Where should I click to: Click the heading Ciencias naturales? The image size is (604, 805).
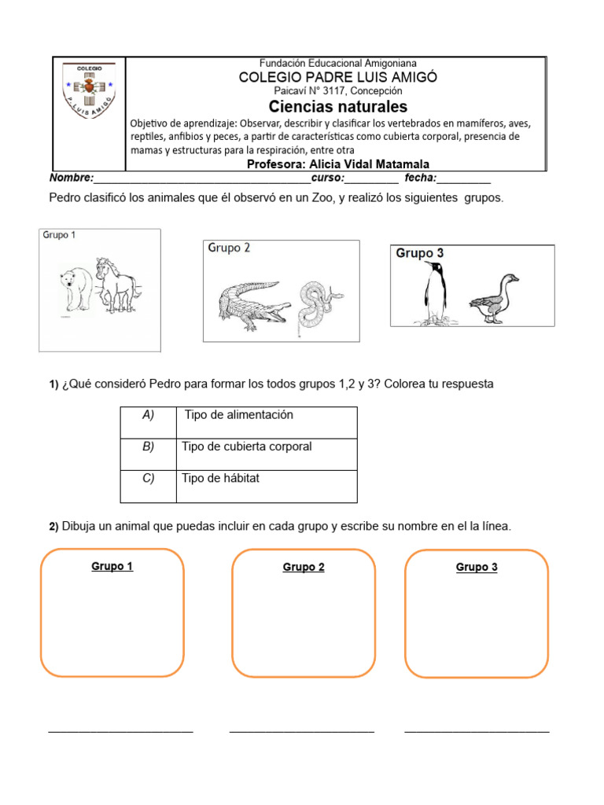click(338, 106)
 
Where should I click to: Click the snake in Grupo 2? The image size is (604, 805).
click(319, 304)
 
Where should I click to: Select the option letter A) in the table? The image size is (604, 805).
click(148, 415)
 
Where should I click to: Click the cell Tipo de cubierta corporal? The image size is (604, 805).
click(247, 447)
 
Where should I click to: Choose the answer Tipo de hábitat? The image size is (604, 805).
click(220, 479)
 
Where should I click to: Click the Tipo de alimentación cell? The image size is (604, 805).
click(238, 415)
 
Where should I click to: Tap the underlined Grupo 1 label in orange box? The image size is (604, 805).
click(112, 566)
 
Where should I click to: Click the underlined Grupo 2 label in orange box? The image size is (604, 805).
click(304, 568)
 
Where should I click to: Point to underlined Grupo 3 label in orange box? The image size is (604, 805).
click(477, 568)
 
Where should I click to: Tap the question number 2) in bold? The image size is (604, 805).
click(53, 527)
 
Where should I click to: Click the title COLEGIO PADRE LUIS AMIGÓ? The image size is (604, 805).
click(338, 77)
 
